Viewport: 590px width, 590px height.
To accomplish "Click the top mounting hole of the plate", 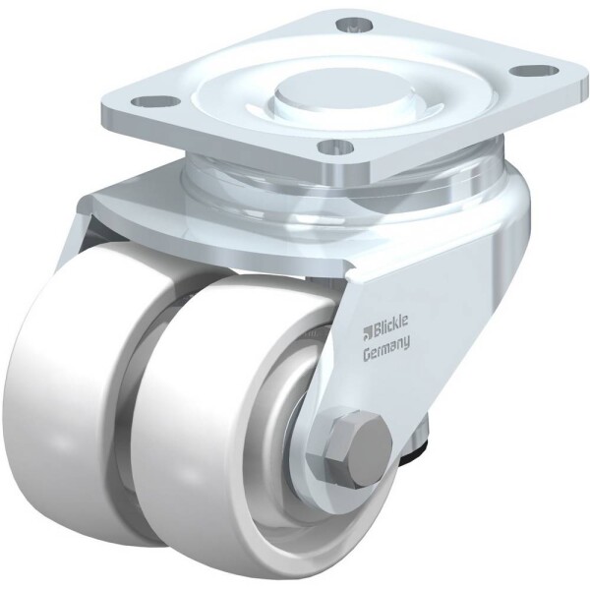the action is pos(354,26).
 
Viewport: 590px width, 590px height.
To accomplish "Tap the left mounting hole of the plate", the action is pos(155,101).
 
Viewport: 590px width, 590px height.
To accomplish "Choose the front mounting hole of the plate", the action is pos(336,147).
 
